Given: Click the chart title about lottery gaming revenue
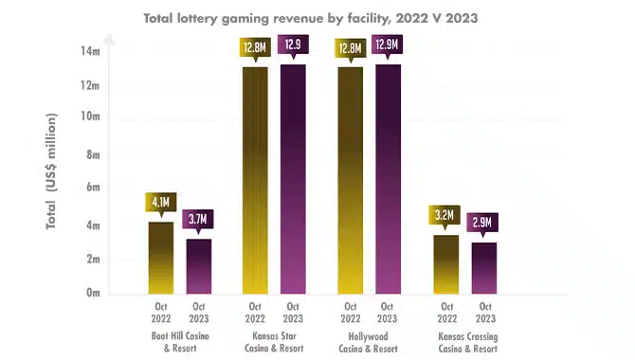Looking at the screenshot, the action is (311, 18).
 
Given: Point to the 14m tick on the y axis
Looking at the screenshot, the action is (90, 51).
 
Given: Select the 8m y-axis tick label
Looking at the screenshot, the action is (93, 154).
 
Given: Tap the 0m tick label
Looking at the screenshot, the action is (93, 293).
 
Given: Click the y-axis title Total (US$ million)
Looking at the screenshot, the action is (51, 171).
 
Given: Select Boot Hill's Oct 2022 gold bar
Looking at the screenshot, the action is (161, 258).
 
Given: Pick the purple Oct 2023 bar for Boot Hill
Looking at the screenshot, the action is (199, 266).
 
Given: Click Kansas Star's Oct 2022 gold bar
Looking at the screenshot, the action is (255, 180).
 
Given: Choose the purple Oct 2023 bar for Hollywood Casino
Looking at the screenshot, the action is (388, 179).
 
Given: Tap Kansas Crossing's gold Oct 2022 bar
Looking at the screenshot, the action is (446, 264).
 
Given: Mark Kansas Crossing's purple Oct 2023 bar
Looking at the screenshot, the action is (484, 268).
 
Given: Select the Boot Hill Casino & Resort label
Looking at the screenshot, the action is (180, 342).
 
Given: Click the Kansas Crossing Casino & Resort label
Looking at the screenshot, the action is (468, 343).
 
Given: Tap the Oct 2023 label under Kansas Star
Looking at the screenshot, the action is (293, 313).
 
